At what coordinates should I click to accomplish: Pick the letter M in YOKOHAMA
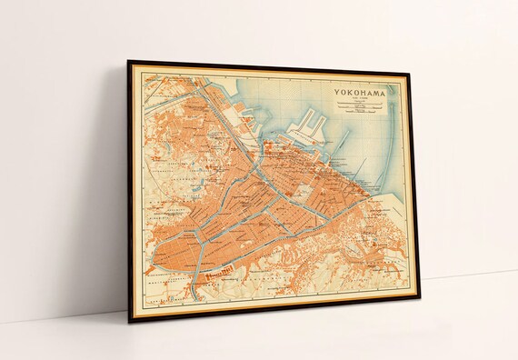point(375,93)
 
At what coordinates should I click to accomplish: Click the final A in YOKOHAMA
point(384,93)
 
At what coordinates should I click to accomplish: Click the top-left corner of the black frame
point(128,62)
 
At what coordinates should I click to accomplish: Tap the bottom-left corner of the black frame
point(129,322)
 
